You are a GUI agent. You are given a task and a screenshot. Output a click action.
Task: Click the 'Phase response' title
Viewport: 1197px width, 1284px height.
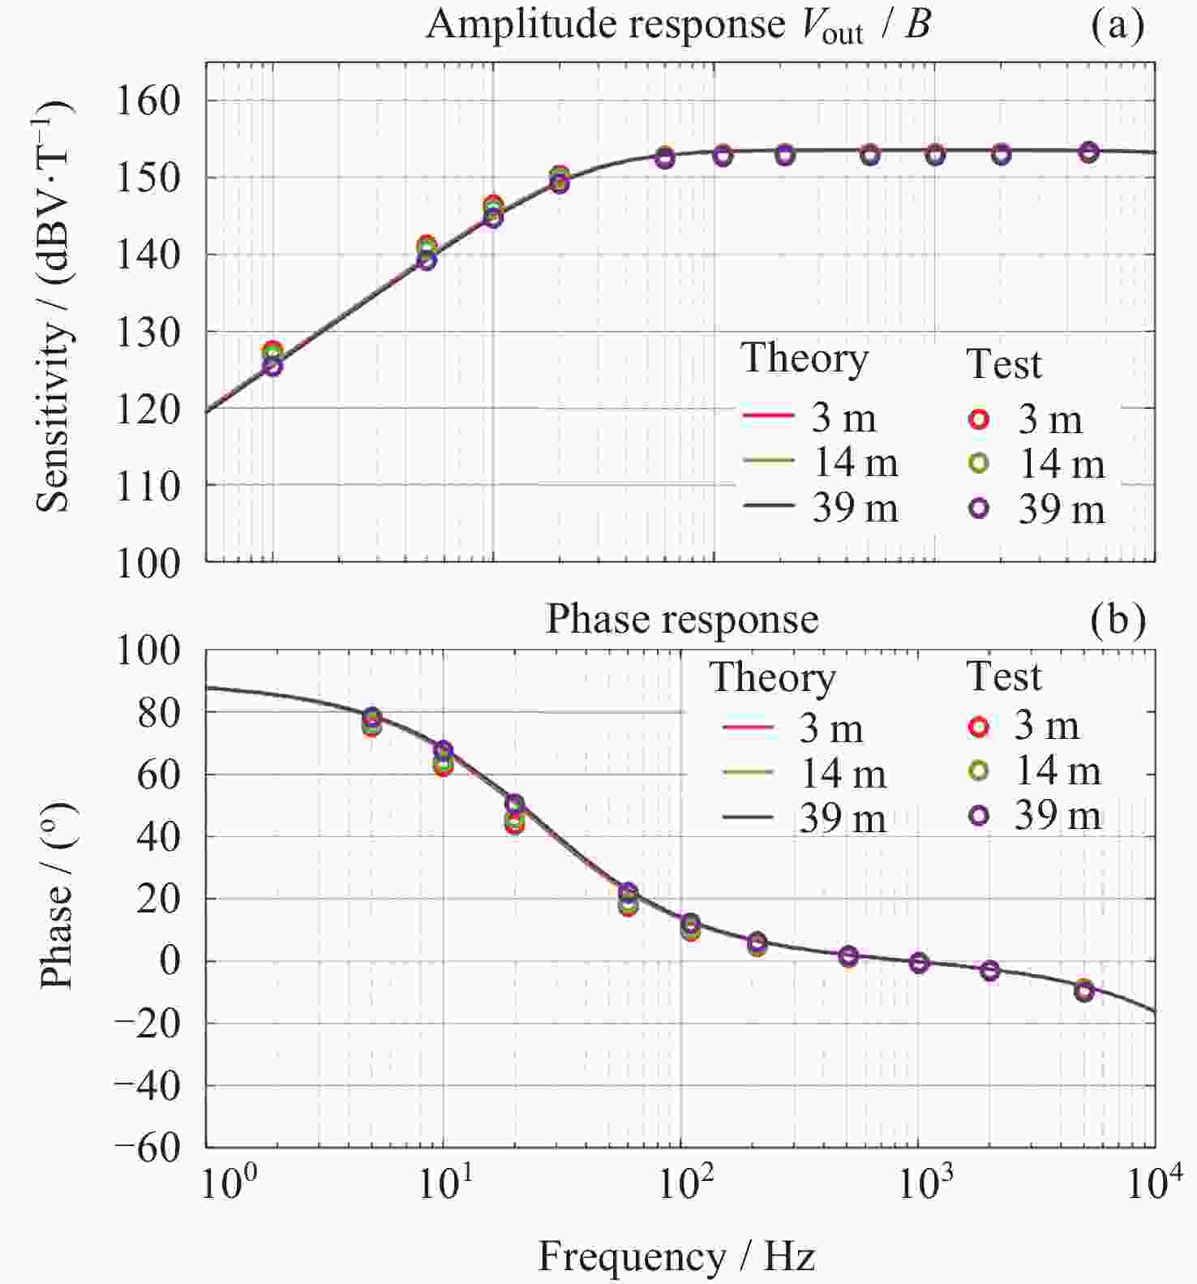pyautogui.click(x=682, y=620)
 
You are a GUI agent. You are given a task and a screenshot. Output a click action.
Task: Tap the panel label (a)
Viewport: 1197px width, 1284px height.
pyautogui.click(x=1117, y=26)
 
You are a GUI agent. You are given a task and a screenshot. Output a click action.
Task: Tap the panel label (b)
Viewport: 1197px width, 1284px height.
pyautogui.click(x=1118, y=620)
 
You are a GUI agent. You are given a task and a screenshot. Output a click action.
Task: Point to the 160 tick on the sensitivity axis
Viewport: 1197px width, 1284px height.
pyautogui.click(x=148, y=101)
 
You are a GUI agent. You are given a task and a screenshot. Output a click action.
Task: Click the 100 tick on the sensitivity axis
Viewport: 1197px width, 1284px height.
pyautogui.click(x=148, y=563)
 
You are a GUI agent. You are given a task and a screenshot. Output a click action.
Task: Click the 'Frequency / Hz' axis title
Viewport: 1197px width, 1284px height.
pyautogui.click(x=676, y=1256)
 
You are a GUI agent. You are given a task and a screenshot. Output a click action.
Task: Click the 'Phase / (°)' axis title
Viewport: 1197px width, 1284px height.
pyautogui.click(x=57, y=895)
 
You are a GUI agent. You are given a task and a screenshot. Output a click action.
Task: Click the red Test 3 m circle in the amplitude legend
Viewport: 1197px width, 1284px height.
pyautogui.click(x=980, y=419)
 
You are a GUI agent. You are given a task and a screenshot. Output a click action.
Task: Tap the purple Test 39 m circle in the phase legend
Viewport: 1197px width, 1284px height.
pyautogui.click(x=979, y=815)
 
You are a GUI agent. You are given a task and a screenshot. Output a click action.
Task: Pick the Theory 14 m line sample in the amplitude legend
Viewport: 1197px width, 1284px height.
pyautogui.click(x=768, y=461)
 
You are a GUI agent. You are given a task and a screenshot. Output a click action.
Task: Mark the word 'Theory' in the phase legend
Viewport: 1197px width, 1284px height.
pyautogui.click(x=772, y=678)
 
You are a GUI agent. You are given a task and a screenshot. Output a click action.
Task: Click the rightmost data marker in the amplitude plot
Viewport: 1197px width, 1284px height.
pyautogui.click(x=1088, y=152)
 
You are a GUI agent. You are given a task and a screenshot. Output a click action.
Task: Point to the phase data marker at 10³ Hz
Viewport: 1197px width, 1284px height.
pyautogui.click(x=919, y=963)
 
